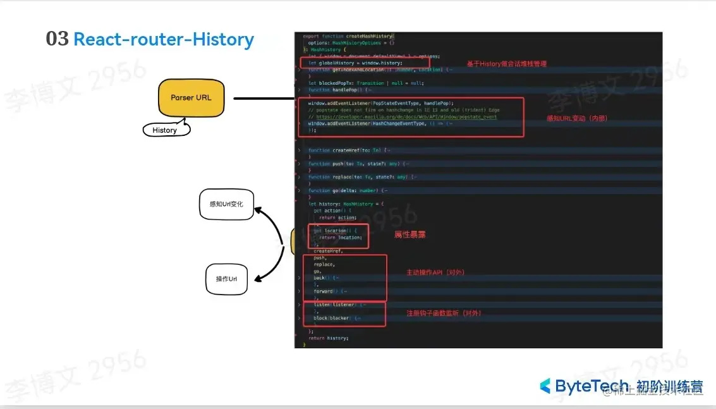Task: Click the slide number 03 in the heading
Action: (x=57, y=39)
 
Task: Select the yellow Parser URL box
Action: (x=191, y=98)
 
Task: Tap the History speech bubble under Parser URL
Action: (x=165, y=130)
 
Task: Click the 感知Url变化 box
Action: (x=226, y=204)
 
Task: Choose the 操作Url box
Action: (x=226, y=279)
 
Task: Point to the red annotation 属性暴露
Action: (x=410, y=235)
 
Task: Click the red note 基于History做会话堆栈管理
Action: (x=506, y=64)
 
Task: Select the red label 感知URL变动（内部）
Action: (x=576, y=118)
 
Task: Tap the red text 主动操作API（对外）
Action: (x=435, y=272)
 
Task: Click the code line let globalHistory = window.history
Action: (x=355, y=63)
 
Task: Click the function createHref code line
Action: (x=348, y=150)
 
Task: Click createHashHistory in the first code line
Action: (x=369, y=36)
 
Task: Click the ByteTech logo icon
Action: (x=545, y=386)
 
